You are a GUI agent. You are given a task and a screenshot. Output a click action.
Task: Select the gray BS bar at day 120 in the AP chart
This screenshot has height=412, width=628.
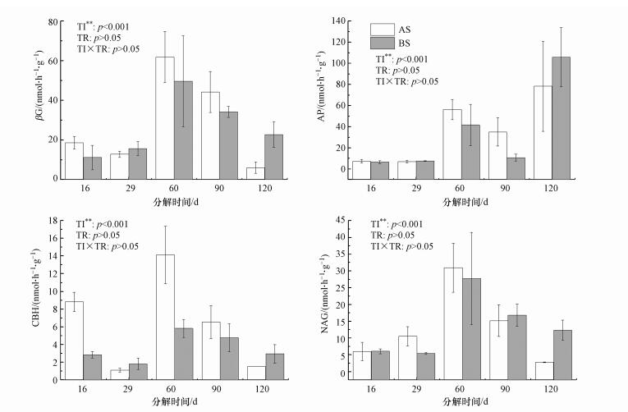click(x=561, y=116)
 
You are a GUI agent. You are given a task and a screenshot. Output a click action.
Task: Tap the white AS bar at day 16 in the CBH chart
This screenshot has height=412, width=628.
click(x=74, y=341)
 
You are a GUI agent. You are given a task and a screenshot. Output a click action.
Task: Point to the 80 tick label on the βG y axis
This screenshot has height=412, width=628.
click(x=53, y=21)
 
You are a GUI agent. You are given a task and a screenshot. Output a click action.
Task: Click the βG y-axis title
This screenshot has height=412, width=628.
click(x=38, y=99)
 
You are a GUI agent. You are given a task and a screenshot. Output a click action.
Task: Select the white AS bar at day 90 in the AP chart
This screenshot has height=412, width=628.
click(x=497, y=150)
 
